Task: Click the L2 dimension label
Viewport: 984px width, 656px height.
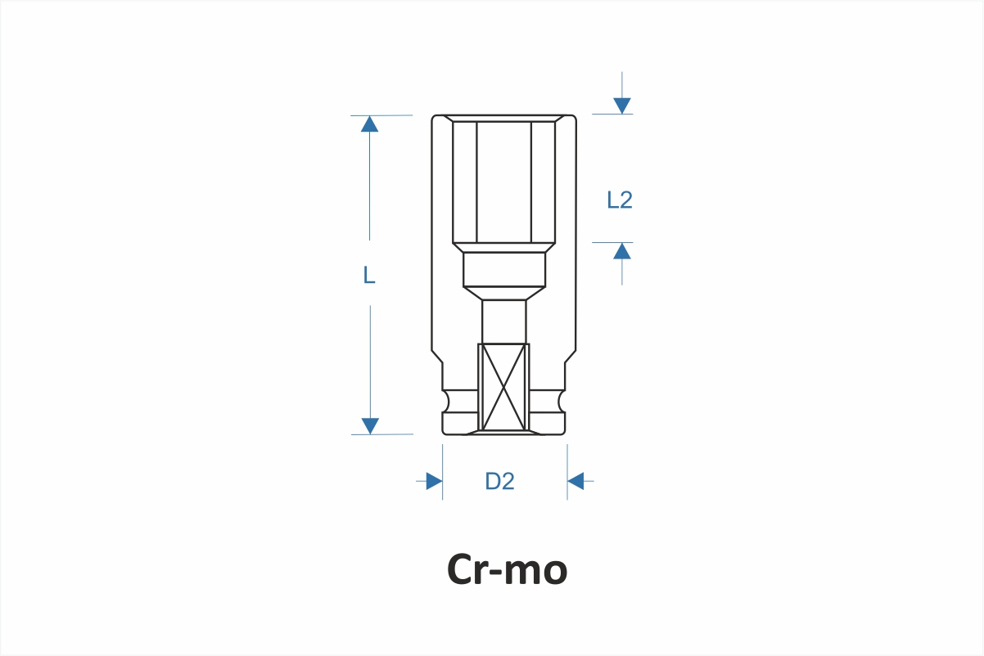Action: pyautogui.click(x=620, y=200)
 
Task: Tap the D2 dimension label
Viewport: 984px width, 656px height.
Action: pyautogui.click(x=499, y=481)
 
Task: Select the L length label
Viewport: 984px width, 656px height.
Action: pyautogui.click(x=369, y=275)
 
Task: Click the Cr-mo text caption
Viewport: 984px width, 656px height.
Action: pyautogui.click(x=507, y=569)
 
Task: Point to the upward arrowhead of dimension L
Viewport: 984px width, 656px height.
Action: pyautogui.click(x=369, y=124)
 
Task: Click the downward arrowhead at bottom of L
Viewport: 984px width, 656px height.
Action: pyautogui.click(x=370, y=426)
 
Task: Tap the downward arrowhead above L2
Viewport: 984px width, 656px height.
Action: pyautogui.click(x=622, y=106)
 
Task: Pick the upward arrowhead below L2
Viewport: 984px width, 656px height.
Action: pyautogui.click(x=622, y=251)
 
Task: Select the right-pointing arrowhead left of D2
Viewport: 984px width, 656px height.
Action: pyautogui.click(x=434, y=481)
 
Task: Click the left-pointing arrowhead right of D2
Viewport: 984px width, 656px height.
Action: pyautogui.click(x=576, y=481)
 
